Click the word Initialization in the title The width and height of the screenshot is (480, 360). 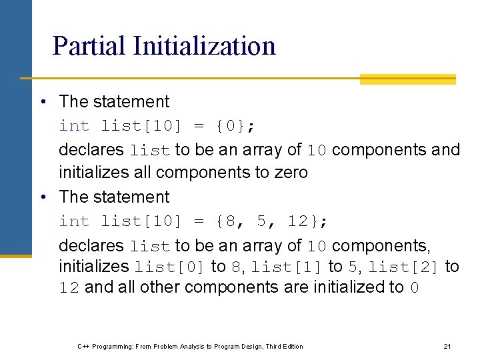click(x=204, y=46)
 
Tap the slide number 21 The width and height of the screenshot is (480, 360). click(x=447, y=346)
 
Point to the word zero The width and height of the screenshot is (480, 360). click(x=291, y=173)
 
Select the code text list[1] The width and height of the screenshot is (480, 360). click(x=287, y=267)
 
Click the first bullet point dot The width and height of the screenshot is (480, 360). click(x=43, y=102)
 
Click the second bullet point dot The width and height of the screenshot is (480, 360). click(x=43, y=197)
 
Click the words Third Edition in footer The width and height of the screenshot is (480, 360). click(x=284, y=346)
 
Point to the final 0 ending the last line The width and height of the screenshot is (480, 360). click(x=415, y=288)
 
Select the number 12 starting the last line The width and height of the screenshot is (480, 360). click(x=69, y=288)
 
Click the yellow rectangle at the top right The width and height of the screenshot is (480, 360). click(x=407, y=79)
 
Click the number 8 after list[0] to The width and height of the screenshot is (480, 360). click(x=235, y=267)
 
